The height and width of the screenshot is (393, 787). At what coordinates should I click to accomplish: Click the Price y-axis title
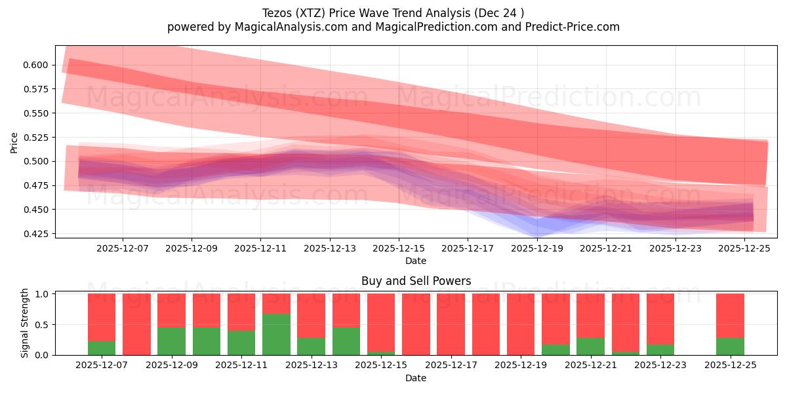(14, 142)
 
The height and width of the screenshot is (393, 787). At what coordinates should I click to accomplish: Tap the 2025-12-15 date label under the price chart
(399, 249)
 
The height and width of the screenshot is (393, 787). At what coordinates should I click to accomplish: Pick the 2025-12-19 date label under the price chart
(537, 249)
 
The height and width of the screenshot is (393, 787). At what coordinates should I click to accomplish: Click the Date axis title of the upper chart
(416, 261)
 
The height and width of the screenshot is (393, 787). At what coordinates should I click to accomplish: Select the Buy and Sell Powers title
(416, 281)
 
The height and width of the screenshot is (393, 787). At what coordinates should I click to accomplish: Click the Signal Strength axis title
(24, 323)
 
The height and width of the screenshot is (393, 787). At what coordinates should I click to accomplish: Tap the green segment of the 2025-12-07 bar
(102, 348)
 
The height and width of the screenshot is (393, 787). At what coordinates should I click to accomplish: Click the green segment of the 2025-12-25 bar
(730, 346)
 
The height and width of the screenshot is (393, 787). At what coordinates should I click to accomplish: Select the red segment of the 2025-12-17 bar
(451, 324)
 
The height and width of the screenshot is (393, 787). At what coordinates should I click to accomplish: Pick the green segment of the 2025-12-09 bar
(171, 341)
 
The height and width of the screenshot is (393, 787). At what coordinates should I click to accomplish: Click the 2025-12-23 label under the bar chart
(660, 365)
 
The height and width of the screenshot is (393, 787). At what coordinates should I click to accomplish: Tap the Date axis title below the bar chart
(416, 378)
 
